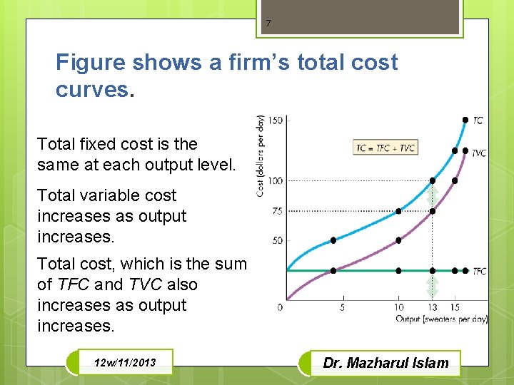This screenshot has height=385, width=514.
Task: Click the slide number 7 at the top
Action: click(268, 24)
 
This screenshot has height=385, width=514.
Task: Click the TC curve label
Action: click(478, 120)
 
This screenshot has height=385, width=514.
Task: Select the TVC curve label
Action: click(479, 153)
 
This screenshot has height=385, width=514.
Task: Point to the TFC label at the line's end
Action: click(480, 272)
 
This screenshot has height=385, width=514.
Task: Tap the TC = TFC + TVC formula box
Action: click(385, 148)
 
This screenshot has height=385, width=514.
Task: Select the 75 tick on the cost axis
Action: click(277, 211)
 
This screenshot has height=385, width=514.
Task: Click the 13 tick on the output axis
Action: click(433, 307)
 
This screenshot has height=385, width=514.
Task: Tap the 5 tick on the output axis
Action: click(342, 307)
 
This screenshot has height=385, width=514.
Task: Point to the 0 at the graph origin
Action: click(280, 307)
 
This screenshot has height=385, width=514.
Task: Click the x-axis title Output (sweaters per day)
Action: click(441, 319)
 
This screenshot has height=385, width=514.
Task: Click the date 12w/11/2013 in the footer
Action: click(124, 364)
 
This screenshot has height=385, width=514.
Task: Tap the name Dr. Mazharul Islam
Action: click(386, 363)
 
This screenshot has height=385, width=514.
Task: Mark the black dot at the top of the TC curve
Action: click(465, 120)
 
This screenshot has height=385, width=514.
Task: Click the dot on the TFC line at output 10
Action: click(398, 271)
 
